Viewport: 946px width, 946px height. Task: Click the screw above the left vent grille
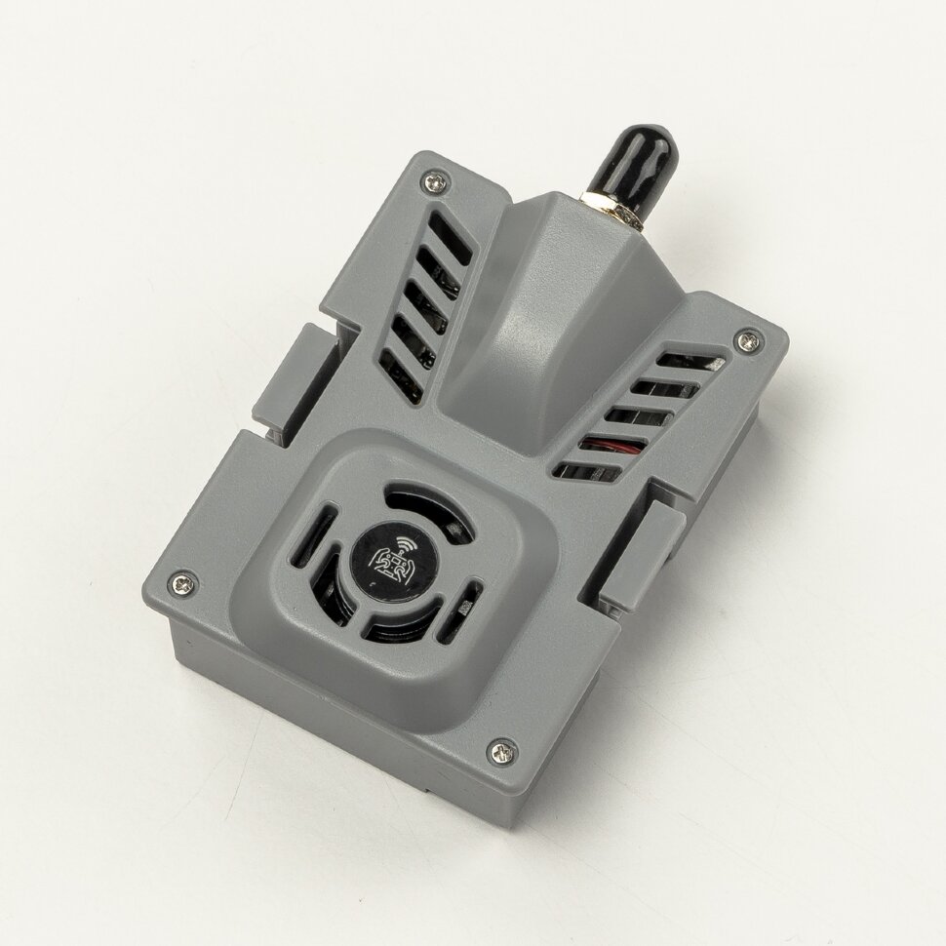click(436, 180)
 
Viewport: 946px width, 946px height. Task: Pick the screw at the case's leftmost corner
click(182, 582)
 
